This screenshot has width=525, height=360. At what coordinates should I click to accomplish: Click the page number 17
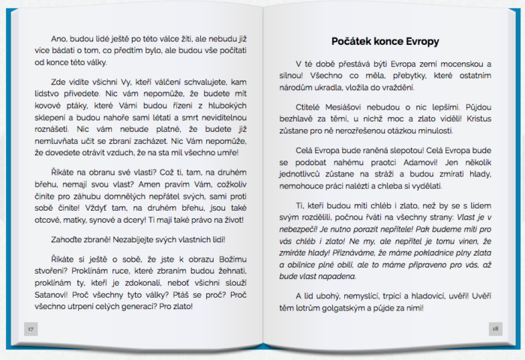30,328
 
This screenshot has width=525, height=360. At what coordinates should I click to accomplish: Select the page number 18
494,328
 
